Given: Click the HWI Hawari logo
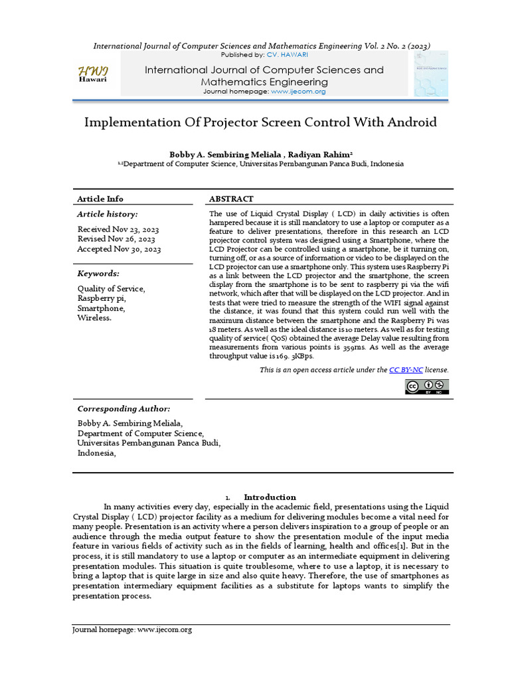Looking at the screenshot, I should pos(93,74).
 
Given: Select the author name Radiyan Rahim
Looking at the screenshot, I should pos(319,154).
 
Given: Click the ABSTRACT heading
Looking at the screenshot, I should pos(231,199).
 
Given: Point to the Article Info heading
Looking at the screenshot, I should pos(100,199).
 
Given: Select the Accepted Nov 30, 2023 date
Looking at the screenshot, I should pos(119,249).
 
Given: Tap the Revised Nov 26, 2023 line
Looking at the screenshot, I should pos(116,239).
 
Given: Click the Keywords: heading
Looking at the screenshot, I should pos(98,273).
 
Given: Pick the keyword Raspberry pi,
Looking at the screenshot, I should pos(101,299).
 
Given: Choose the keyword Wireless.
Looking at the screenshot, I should pos(95,317).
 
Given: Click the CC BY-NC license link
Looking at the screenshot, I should pos(406,370).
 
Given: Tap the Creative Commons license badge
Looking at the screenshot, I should pos(427,386).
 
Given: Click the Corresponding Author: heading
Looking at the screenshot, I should pos(124,408).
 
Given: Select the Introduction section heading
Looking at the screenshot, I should pos(270,497).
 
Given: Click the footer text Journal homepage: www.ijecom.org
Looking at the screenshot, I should pos(132,630).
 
